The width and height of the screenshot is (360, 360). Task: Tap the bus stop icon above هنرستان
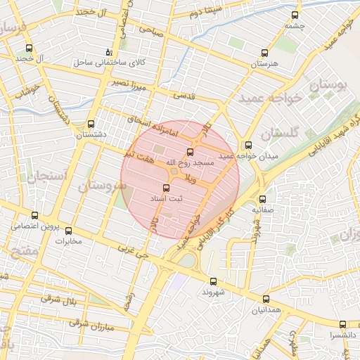click(x=264, y=53)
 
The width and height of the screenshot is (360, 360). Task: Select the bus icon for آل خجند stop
click(x=29, y=49)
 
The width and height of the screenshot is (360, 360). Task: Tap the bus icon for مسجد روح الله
click(x=190, y=152)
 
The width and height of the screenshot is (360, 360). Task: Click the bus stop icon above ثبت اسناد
click(x=167, y=188)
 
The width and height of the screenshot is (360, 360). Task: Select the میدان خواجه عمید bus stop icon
click(x=249, y=145)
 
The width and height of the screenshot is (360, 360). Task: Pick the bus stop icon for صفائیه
click(x=262, y=199)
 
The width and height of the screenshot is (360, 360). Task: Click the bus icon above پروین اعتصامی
click(x=35, y=216)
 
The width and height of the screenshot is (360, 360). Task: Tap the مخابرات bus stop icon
click(x=68, y=231)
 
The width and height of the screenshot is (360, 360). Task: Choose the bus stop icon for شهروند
click(x=213, y=281)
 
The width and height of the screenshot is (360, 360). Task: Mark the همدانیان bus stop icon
click(x=264, y=299)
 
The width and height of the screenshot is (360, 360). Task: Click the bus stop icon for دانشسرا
click(x=342, y=324)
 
